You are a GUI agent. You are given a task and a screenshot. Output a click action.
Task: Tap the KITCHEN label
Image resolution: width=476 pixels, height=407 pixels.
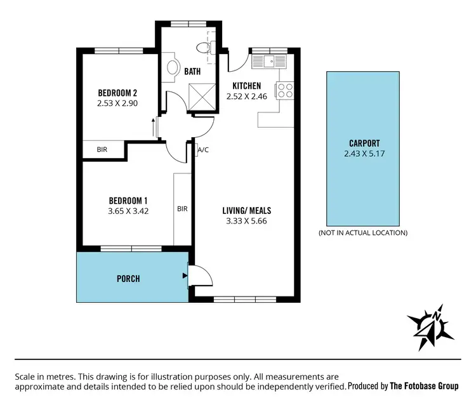pyautogui.click(x=247, y=86)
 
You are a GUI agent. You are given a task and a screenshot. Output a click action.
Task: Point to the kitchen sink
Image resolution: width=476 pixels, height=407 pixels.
pyautogui.click(x=269, y=62)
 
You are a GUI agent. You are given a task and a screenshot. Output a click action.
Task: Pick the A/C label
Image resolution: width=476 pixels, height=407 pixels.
pyautogui.click(x=204, y=150)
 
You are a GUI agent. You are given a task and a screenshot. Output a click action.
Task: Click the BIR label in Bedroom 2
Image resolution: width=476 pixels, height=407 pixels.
pyautogui.click(x=102, y=150)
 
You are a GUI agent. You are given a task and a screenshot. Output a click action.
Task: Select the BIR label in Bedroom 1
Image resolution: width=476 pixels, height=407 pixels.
pyautogui.click(x=182, y=208)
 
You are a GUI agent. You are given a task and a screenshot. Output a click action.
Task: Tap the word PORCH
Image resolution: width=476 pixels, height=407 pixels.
pyautogui.click(x=128, y=279)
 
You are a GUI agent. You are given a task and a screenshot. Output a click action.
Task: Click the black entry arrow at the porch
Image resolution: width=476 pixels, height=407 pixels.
pyautogui.click(x=185, y=276)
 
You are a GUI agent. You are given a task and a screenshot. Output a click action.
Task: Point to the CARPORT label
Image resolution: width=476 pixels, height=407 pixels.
pyautogui.click(x=364, y=143)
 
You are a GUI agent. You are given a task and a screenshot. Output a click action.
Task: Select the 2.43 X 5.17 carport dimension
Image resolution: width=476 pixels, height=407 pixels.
pyautogui.click(x=364, y=153)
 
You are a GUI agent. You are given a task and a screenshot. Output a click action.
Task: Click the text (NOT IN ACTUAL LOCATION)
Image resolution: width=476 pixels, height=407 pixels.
pyautogui.click(x=363, y=233)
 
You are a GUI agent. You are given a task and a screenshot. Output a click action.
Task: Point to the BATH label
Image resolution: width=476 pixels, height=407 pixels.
pyautogui.click(x=192, y=72)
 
